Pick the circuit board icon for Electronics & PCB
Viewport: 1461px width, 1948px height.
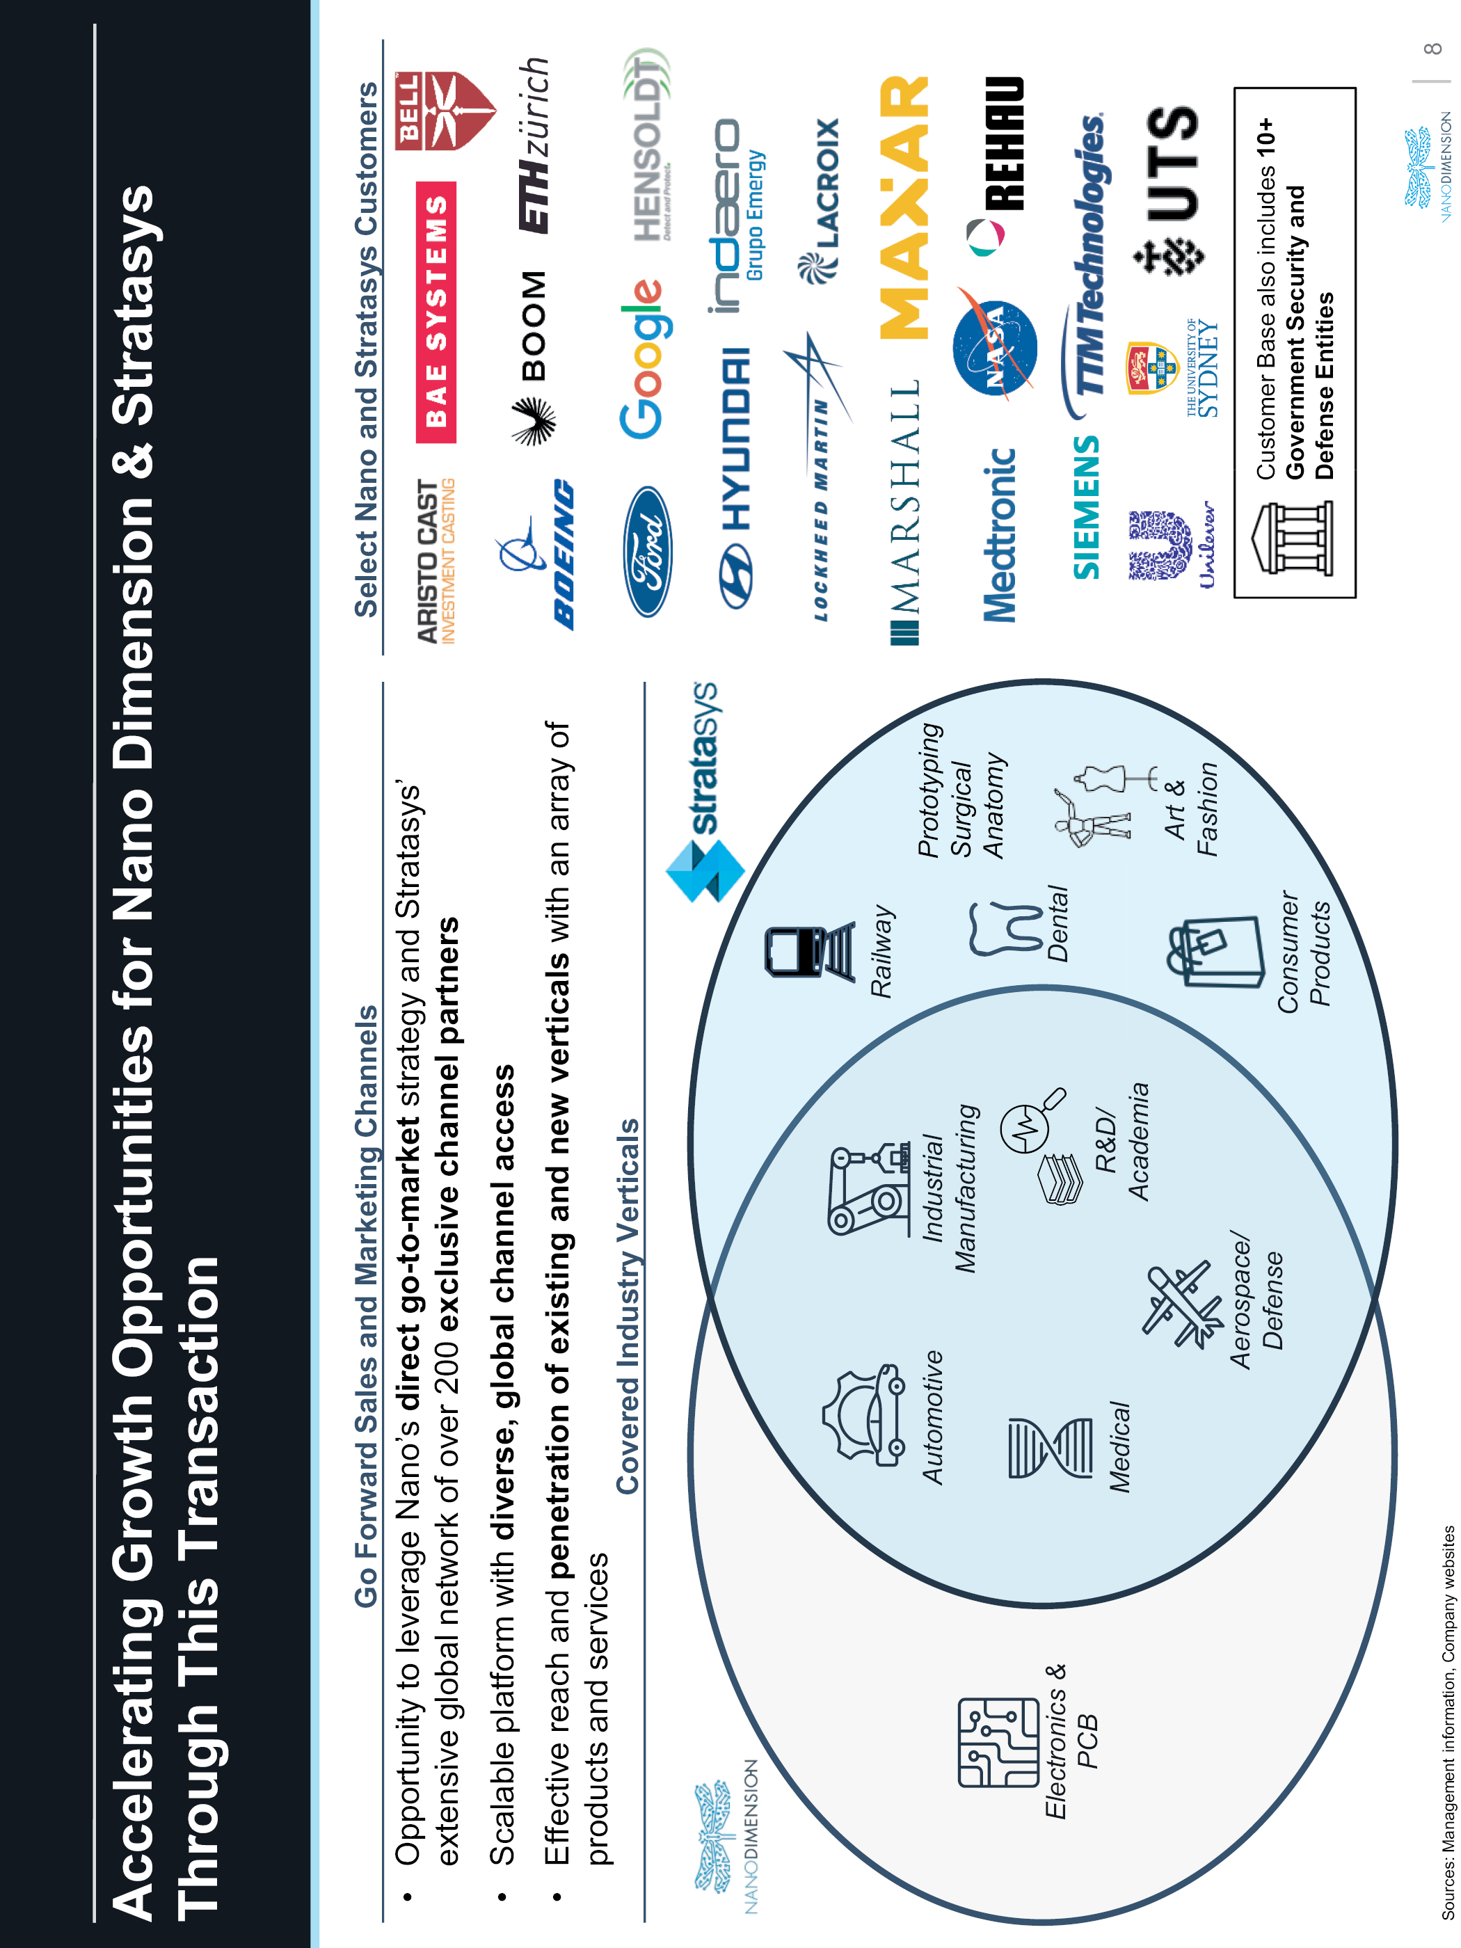click(998, 1742)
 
